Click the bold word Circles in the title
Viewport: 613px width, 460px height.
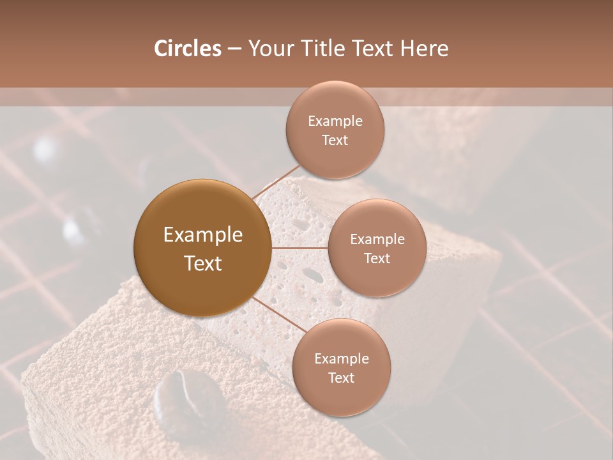tap(187, 49)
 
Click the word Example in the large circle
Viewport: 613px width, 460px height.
tap(203, 235)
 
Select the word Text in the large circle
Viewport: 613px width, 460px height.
tap(203, 263)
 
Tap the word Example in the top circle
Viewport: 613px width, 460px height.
tap(335, 121)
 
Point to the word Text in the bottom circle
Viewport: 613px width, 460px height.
tap(341, 378)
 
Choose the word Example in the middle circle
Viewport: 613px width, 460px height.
tap(377, 240)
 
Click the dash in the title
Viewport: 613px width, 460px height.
tap(234, 49)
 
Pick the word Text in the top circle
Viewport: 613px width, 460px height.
tap(335, 140)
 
